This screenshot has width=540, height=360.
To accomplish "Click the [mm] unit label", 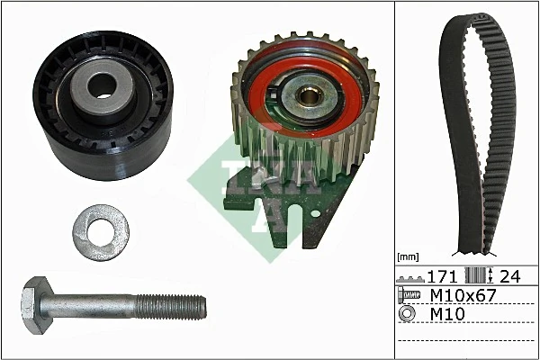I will [x=409, y=256].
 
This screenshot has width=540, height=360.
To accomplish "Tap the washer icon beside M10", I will [x=408, y=314].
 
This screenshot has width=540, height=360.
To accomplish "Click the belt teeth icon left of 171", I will [x=410, y=275].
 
